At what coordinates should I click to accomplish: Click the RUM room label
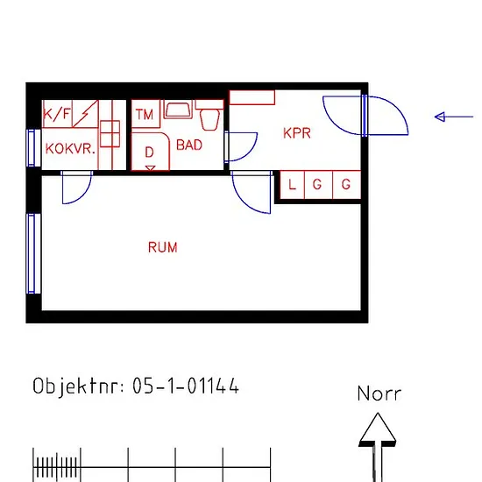(x=163, y=247)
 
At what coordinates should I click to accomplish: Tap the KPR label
(x=297, y=133)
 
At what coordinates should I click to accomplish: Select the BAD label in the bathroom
(x=189, y=145)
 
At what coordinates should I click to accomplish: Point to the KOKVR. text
(x=70, y=149)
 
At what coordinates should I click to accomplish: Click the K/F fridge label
(x=57, y=114)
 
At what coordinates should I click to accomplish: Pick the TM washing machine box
(x=145, y=114)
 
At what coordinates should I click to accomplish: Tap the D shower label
(x=149, y=152)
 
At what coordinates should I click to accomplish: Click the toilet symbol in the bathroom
(x=209, y=116)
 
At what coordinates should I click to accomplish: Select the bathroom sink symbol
(x=178, y=110)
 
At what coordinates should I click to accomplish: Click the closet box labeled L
(x=292, y=185)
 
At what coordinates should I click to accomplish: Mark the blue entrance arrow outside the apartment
(x=454, y=117)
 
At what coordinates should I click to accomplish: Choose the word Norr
(x=379, y=393)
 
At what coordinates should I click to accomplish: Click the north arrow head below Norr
(x=378, y=429)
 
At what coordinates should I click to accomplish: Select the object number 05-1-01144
(x=186, y=386)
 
